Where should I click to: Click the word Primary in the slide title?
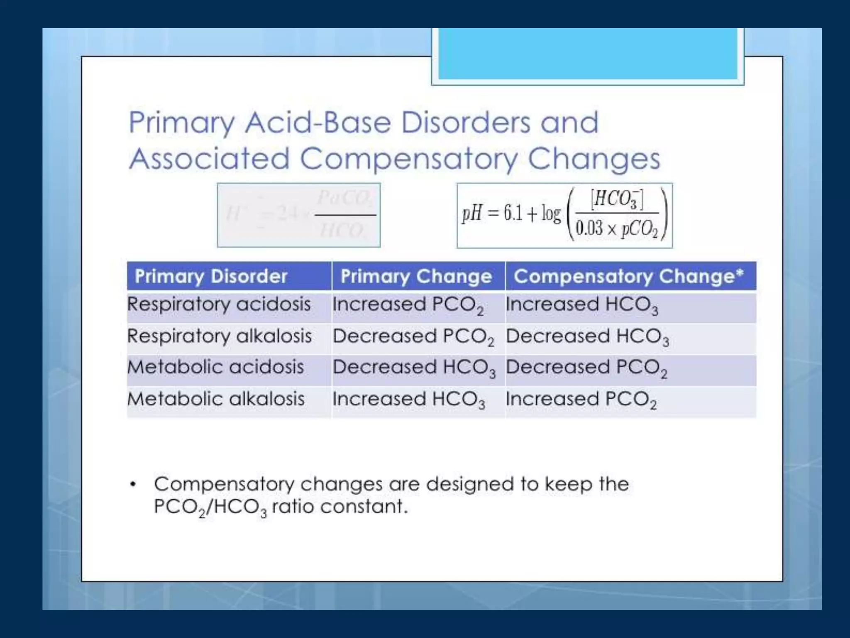coord(181,123)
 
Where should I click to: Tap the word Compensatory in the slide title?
coord(409,159)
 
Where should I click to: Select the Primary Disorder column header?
coord(211,276)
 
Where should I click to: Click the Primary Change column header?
coord(416,276)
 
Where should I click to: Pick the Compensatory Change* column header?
coord(628,276)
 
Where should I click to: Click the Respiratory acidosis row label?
coord(219,304)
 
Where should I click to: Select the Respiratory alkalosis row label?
coord(219,336)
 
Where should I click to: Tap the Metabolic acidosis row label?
coord(215,367)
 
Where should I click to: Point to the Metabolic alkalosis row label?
coord(216,399)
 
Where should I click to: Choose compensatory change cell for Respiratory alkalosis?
coord(587,337)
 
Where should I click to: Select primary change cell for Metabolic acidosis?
coord(414,368)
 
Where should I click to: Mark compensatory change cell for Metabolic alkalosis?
coord(581,400)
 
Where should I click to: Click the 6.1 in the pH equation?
coord(513,213)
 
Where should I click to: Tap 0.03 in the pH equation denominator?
coord(589,228)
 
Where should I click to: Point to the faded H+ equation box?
coord(298,215)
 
